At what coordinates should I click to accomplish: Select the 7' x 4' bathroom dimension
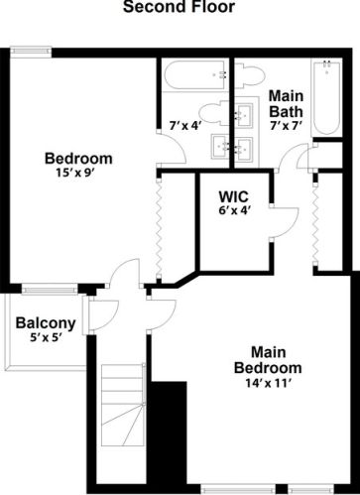[184, 126]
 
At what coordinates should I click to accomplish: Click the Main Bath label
[286, 103]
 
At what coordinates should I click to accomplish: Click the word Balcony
[46, 322]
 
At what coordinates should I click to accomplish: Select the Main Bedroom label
[276, 360]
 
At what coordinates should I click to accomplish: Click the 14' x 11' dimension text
[276, 384]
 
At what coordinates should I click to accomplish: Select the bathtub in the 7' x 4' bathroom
[194, 76]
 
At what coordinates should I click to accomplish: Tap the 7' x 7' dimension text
[286, 127]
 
